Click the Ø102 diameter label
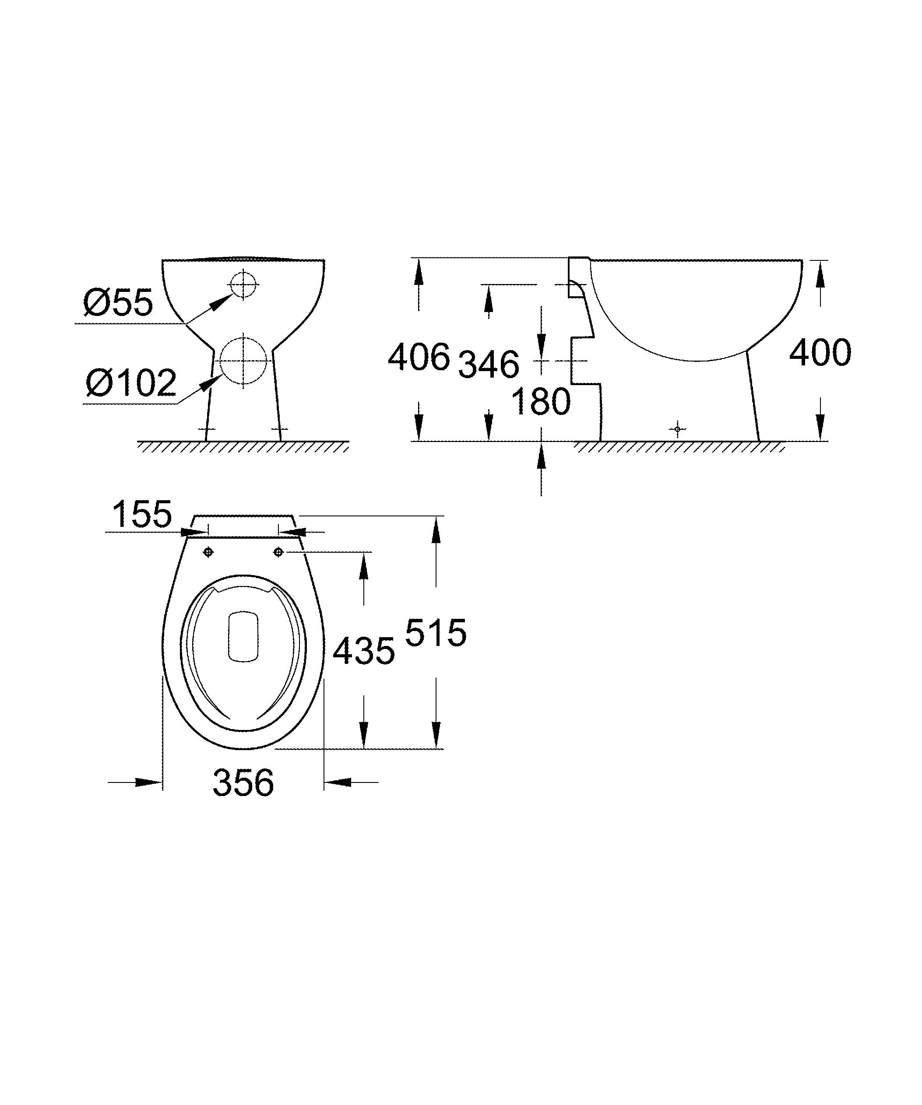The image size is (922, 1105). [131, 382]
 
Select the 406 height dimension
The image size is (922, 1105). [419, 357]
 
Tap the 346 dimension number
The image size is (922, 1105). [489, 364]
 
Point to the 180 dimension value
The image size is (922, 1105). [541, 401]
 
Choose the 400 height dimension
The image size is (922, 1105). [820, 353]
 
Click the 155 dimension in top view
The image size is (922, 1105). [142, 514]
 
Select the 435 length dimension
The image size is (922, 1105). [364, 651]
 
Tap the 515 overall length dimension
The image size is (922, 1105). [436, 632]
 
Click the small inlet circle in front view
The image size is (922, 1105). [243, 284]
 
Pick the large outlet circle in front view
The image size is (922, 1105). [243, 361]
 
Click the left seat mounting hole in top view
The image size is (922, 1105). [208, 552]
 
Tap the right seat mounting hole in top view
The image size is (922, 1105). [279, 552]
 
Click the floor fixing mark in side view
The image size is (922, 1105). [677, 429]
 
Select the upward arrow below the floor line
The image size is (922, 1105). [541, 456]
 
